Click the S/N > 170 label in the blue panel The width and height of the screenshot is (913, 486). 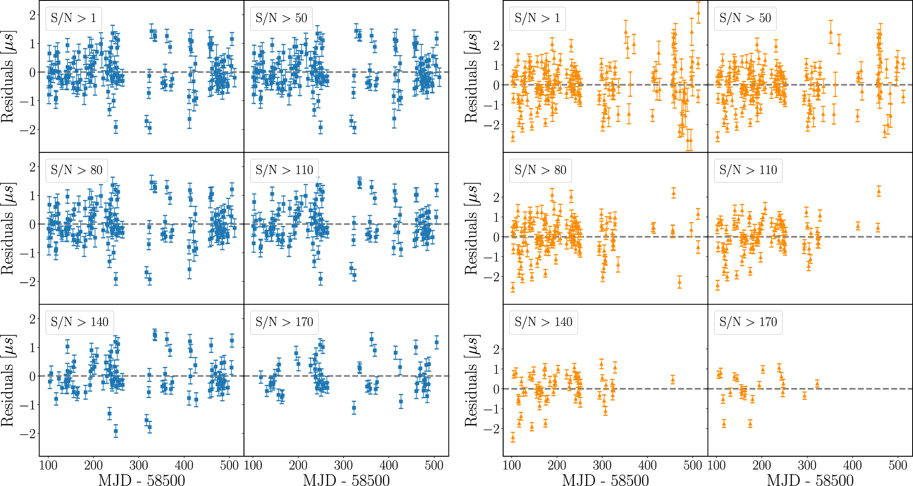(x=284, y=322)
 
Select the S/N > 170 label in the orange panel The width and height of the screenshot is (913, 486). (x=748, y=322)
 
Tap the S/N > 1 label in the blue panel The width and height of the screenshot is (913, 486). (x=73, y=19)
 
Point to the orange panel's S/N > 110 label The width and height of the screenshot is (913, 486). (x=748, y=170)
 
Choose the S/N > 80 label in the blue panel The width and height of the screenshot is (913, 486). (x=77, y=170)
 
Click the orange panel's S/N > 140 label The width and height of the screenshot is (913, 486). (x=543, y=322)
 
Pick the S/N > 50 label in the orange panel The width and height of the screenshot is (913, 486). (x=745, y=19)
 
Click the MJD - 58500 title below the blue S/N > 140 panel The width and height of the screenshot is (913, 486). (x=141, y=480)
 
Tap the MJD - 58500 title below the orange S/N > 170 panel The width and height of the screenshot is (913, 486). (x=810, y=480)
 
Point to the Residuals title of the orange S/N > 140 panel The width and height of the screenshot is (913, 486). (x=472, y=380)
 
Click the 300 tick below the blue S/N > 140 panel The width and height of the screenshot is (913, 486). (x=138, y=465)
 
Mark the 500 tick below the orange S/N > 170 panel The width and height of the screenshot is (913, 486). (x=897, y=465)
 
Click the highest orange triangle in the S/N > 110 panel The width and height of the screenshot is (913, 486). (x=878, y=192)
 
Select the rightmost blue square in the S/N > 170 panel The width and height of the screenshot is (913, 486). (x=437, y=343)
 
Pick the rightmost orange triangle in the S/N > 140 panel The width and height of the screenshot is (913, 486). (x=673, y=380)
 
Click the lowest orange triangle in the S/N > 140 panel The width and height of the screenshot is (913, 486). (x=513, y=437)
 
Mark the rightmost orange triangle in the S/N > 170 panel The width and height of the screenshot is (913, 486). (x=817, y=383)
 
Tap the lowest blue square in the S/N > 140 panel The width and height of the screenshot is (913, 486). (x=116, y=431)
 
